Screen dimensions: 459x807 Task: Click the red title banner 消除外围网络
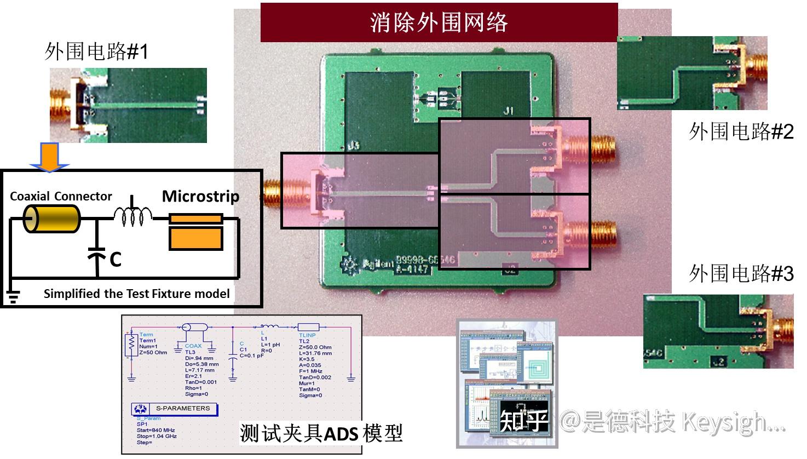click(439, 22)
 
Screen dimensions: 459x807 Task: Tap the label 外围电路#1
click(96, 52)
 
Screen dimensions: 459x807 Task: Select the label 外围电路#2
click(741, 131)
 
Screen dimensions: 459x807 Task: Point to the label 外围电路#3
click(741, 273)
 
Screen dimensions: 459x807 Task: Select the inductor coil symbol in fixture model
click(133, 215)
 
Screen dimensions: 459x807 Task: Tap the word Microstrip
click(200, 196)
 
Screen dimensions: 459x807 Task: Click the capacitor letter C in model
click(115, 259)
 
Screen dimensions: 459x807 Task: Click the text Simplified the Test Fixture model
click(136, 294)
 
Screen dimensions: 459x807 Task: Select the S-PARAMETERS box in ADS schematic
click(175, 409)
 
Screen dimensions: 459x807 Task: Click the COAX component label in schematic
click(193, 346)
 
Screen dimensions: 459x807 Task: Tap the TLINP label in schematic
click(307, 335)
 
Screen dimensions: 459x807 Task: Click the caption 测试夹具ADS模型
click(321, 433)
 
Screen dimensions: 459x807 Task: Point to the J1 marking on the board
click(508, 111)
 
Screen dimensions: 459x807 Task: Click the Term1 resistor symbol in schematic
click(131, 345)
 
